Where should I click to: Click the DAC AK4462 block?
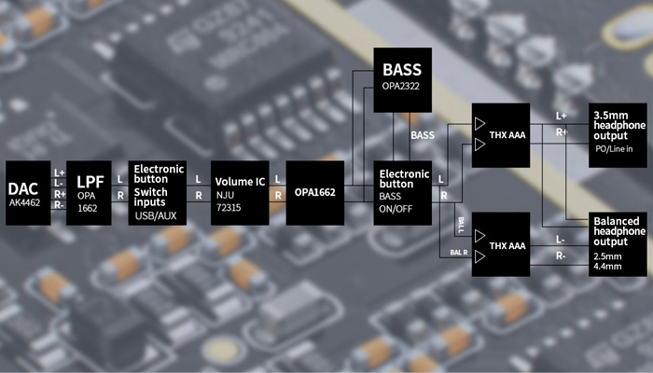click(29, 192)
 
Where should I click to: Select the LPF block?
click(88, 192)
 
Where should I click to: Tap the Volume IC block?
click(239, 192)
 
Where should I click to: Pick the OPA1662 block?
click(313, 192)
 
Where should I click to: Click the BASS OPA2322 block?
click(403, 79)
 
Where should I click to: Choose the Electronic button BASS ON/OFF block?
click(404, 192)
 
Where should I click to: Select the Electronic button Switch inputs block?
click(155, 192)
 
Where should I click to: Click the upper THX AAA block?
click(501, 135)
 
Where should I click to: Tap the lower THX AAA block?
click(501, 244)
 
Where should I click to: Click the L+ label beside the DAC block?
click(59, 173)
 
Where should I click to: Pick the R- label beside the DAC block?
click(59, 203)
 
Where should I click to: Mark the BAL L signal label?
click(460, 221)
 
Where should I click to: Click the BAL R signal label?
click(458, 253)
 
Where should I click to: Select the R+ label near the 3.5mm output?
click(562, 131)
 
